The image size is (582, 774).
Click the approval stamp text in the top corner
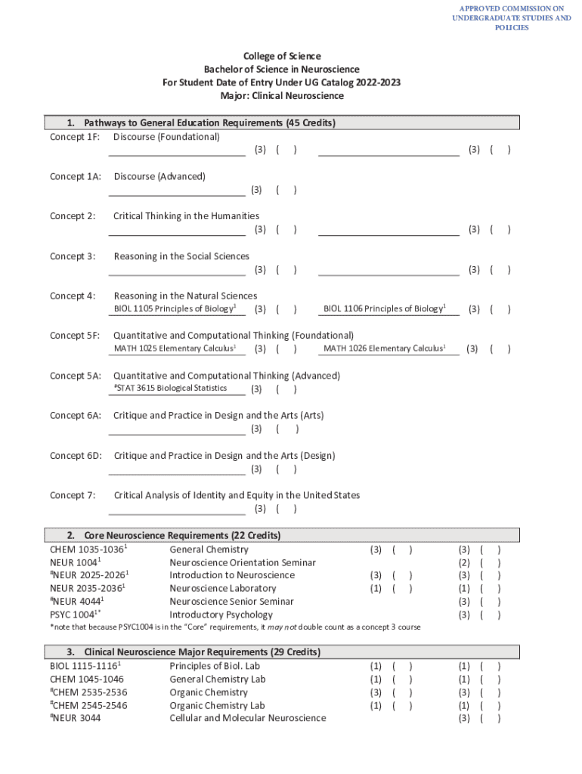(x=511, y=17)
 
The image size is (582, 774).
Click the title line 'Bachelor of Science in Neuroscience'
(x=281, y=70)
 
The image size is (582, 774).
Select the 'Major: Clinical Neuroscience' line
(x=281, y=96)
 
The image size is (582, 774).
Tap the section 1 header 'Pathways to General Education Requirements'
(x=209, y=122)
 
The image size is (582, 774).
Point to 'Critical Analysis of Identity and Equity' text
(x=237, y=495)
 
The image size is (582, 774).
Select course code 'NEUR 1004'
(x=74, y=562)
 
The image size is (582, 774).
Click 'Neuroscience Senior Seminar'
(x=231, y=602)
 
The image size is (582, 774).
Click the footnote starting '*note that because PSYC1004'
(x=235, y=627)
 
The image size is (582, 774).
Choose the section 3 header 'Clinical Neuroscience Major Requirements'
(x=202, y=652)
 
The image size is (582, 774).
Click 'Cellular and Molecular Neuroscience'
(x=248, y=717)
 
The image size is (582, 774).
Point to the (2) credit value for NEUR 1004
(x=464, y=562)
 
